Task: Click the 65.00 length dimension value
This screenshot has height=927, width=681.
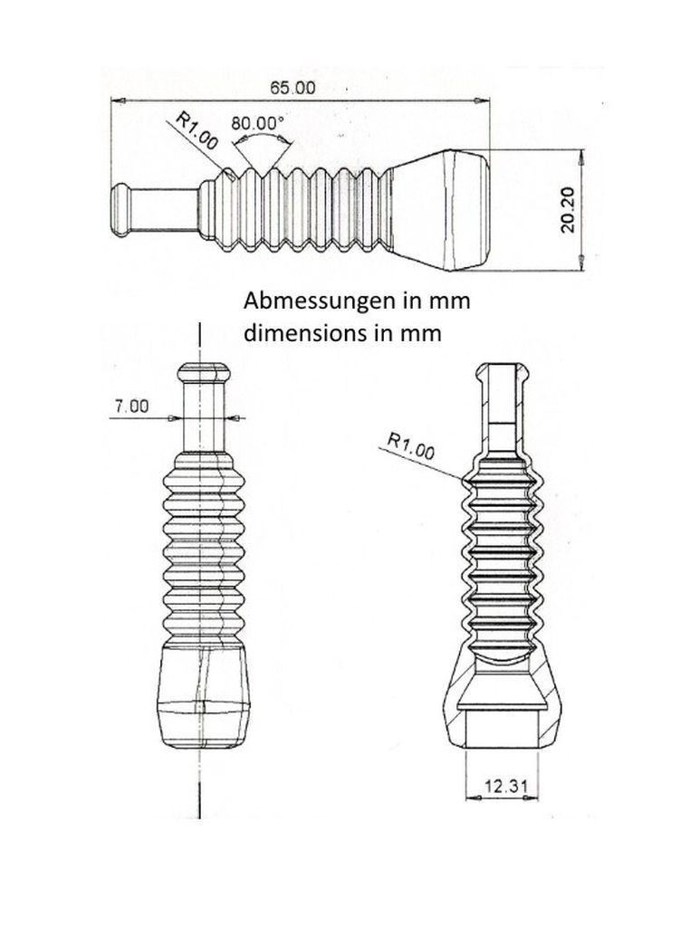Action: coord(293,88)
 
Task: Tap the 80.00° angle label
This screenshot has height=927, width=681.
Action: coord(257,123)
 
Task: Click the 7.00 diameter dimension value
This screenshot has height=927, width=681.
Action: coord(131,406)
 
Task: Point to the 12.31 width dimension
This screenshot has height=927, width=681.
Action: coord(505,786)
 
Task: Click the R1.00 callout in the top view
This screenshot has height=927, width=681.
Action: coord(197,130)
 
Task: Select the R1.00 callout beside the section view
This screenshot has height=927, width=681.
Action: coord(411,445)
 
